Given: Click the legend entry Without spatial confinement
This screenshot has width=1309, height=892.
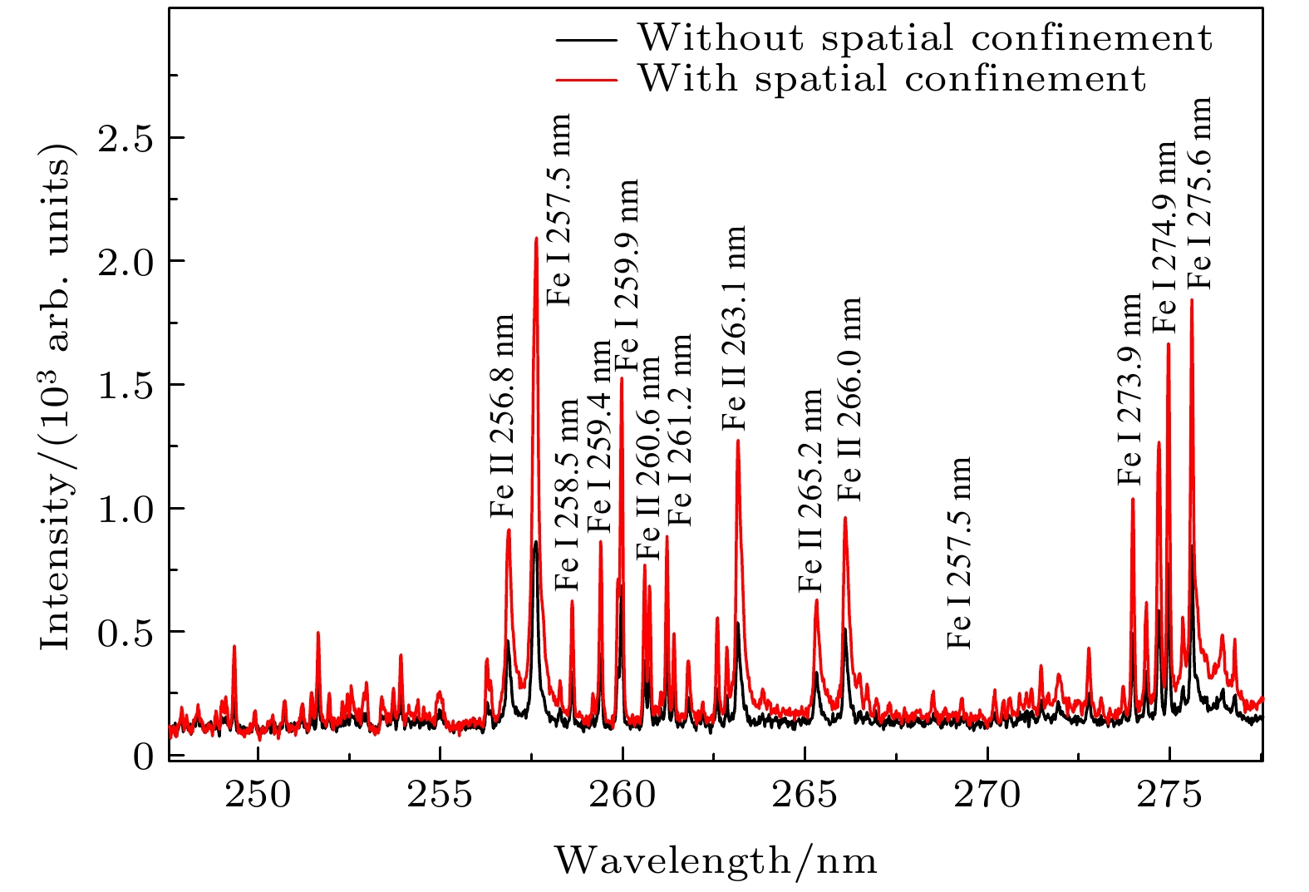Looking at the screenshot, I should pyautogui.click(x=924, y=38).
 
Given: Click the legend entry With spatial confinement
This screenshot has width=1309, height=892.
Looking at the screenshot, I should pyautogui.click(x=891, y=79).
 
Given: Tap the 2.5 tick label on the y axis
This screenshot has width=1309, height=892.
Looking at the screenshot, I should pyautogui.click(x=125, y=138).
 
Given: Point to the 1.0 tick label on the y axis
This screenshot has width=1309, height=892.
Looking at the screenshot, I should pyautogui.click(x=125, y=509).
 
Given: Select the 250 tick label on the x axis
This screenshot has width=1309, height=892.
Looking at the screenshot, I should pyautogui.click(x=258, y=796).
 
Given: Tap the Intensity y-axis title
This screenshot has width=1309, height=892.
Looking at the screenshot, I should pyautogui.click(x=56, y=394).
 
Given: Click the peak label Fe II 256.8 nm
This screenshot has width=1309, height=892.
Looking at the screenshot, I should pyautogui.click(x=502, y=416).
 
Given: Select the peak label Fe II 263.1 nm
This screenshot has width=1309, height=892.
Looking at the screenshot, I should pyautogui.click(x=735, y=328).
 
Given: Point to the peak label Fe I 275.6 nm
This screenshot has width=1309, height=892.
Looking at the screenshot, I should pyautogui.click(x=1198, y=193).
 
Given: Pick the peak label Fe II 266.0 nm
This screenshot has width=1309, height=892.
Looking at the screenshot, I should pyautogui.click(x=849, y=399).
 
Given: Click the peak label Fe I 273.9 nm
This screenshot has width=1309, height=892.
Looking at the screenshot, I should pyautogui.click(x=1130, y=389).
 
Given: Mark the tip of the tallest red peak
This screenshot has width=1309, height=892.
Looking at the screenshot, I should pyautogui.click(x=536, y=239).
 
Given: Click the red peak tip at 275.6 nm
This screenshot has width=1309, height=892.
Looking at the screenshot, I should pyautogui.click(x=1192, y=300).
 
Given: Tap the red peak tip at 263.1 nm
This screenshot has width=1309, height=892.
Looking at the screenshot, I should pyautogui.click(x=737, y=441).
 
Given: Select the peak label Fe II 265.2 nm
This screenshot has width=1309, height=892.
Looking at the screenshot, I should pyautogui.click(x=810, y=490).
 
